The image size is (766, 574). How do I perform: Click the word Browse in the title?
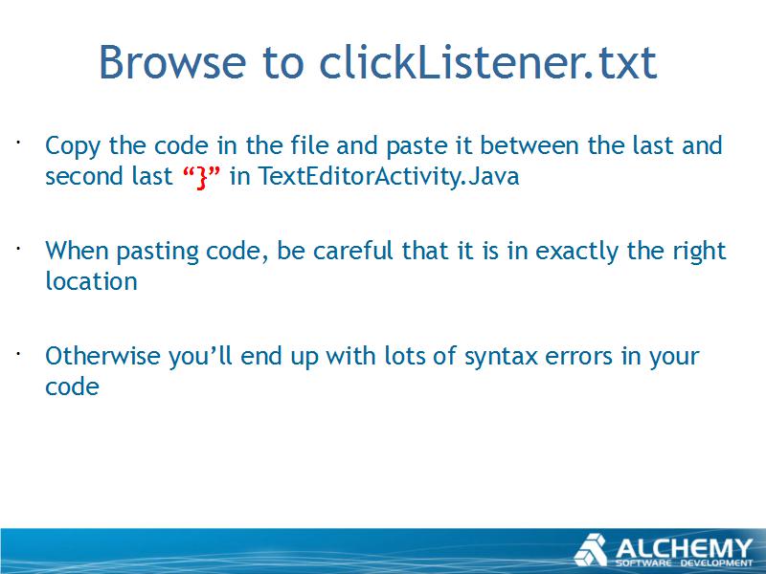[172, 62]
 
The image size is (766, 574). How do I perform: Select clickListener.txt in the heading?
[488, 62]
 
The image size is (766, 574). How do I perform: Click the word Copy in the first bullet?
[73, 146]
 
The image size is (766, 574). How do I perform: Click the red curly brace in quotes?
[201, 177]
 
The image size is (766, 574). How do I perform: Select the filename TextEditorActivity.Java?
[389, 176]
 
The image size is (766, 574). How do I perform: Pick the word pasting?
[157, 252]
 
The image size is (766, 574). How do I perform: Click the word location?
[91, 281]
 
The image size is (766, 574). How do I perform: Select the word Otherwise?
[102, 355]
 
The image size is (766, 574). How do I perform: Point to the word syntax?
[501, 357]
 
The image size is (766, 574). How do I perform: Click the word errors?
[578, 357]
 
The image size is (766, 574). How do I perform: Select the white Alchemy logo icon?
[591, 550]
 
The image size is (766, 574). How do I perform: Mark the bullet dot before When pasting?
[17, 248]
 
